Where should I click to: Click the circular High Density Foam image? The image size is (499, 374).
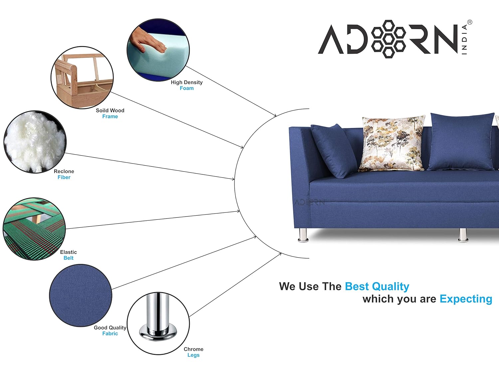click(158, 50)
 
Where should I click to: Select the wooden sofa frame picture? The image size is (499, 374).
click(82, 78)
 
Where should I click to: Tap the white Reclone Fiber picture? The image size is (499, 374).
click(35, 142)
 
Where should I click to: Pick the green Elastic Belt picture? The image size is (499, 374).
click(34, 229)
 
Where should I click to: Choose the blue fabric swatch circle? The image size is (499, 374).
click(81, 296)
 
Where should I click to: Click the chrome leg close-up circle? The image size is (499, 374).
click(158, 323)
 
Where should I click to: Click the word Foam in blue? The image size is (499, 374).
click(187, 88)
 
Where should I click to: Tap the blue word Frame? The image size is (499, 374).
click(110, 116)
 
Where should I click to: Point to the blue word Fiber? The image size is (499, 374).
click(64, 177)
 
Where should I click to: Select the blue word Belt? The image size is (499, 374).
click(69, 258)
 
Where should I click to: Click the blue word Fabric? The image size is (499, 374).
click(110, 333)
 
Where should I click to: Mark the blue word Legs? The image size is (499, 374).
click(194, 355)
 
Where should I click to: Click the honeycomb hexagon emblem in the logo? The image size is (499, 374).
click(389, 39)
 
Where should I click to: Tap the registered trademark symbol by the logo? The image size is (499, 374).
click(470, 22)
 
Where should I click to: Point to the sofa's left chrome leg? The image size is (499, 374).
click(303, 235)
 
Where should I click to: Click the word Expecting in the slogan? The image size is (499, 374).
click(466, 299)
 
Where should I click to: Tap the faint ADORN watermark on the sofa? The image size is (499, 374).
click(310, 202)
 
